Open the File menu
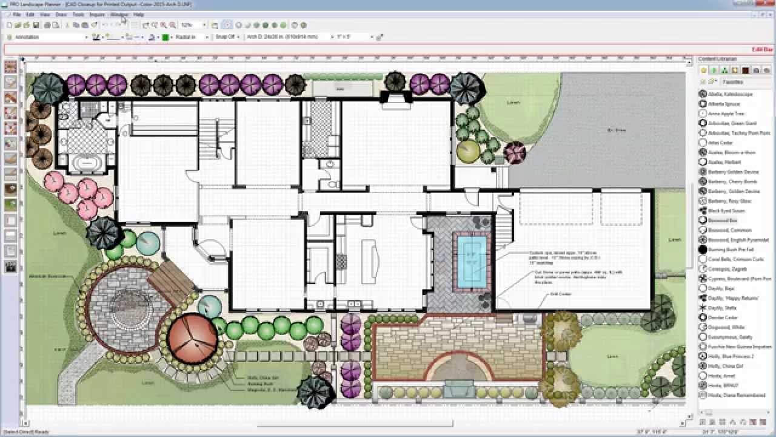point(16,14)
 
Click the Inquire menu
point(97,14)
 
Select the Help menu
point(139,14)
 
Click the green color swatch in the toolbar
point(166,37)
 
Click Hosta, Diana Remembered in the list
point(737,395)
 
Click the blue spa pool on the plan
point(472,261)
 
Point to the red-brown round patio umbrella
point(193,338)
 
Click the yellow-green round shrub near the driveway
point(469,151)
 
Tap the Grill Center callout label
point(561,294)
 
